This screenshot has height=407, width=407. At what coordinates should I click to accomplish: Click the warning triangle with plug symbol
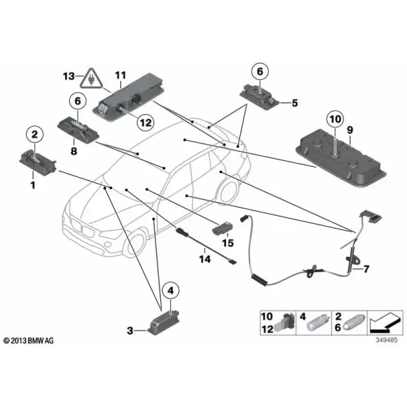[91, 78]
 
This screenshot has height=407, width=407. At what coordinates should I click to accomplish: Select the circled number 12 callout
[145, 122]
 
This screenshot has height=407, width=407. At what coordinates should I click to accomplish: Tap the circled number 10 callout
[335, 119]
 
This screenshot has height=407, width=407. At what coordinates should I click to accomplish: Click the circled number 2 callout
[35, 134]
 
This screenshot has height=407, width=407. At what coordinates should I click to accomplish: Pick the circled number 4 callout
[170, 291]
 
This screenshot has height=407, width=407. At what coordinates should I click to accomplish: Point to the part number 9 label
[350, 130]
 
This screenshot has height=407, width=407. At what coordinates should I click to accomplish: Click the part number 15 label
[228, 243]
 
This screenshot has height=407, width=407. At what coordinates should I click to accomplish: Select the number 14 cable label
[205, 259]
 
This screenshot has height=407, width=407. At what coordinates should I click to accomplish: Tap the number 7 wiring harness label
[366, 269]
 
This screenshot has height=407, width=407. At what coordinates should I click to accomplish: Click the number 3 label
[130, 331]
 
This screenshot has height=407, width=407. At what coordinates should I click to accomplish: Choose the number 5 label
[294, 103]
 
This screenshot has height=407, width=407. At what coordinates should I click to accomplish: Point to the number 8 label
[74, 151]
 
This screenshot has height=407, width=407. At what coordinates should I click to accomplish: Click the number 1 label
[33, 185]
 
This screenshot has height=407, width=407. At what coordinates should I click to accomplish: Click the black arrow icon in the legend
[385, 323]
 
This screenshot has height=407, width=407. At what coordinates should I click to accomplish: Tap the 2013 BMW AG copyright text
[28, 341]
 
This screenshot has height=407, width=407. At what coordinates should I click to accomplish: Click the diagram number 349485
[387, 340]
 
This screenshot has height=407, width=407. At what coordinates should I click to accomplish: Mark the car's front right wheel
[135, 244]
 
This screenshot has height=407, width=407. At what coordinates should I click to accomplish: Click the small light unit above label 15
[222, 229]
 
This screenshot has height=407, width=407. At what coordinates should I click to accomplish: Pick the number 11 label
[121, 75]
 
